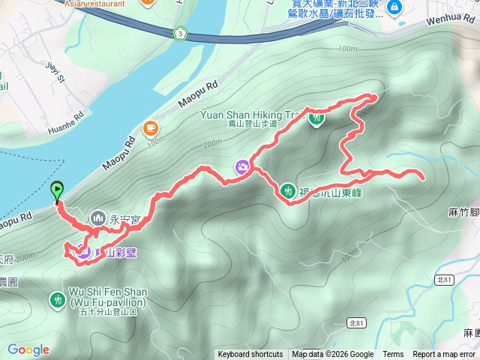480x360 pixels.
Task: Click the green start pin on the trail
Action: point(58,190)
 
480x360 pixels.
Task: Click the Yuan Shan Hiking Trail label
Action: point(251,115)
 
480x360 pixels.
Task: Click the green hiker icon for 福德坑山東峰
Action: point(287,190)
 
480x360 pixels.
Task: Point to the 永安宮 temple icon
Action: point(98,219)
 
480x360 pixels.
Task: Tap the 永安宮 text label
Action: point(125,220)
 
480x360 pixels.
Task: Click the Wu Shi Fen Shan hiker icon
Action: point(58,300)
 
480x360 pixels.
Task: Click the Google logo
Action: point(28,349)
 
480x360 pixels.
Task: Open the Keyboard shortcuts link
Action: point(250,355)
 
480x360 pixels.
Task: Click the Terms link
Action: point(393,355)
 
